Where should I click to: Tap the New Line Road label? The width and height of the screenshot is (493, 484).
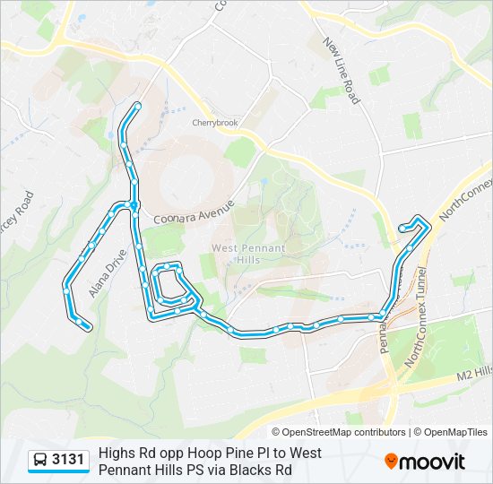point(342,71)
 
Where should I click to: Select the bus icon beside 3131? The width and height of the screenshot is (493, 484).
point(40,461)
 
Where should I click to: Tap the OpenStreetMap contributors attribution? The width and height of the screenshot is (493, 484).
point(342,432)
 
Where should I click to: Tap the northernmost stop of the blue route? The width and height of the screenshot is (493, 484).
point(137,107)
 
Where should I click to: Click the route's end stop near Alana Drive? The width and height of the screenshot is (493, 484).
point(88,327)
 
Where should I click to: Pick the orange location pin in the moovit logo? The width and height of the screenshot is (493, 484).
point(391,462)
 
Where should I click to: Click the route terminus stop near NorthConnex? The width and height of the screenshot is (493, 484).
point(402,229)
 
